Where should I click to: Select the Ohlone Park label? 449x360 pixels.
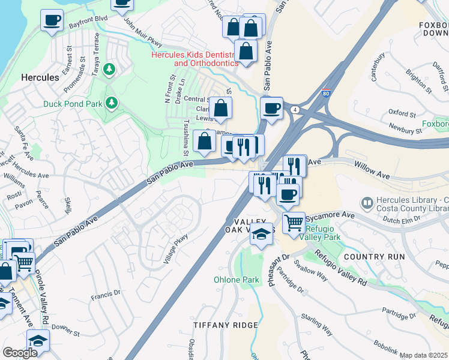point(237,280)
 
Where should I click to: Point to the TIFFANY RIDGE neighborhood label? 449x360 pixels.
point(226,325)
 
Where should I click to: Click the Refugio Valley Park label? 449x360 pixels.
point(323,233)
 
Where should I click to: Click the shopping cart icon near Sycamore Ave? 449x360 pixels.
point(294,222)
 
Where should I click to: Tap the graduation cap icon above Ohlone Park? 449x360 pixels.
point(262,235)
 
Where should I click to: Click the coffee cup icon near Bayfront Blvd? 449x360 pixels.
point(52,20)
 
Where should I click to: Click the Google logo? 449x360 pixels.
point(20,353)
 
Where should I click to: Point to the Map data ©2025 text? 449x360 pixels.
point(424,355)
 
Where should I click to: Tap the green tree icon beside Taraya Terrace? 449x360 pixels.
point(109,70)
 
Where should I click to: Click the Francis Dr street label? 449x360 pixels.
point(106,295)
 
